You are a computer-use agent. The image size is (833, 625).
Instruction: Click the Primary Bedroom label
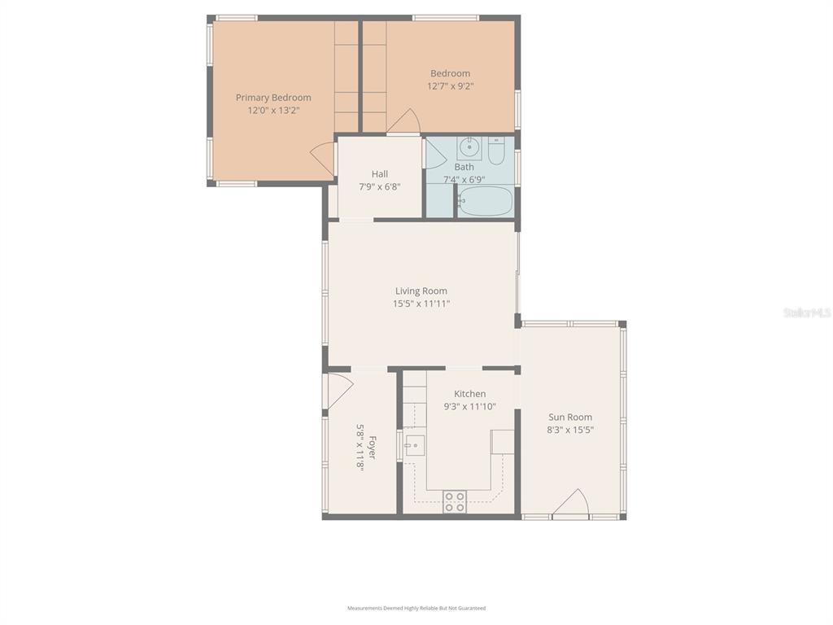(x=273, y=98)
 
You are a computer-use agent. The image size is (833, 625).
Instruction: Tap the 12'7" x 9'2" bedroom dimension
(x=451, y=86)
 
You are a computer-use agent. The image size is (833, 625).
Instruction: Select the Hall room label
(x=380, y=174)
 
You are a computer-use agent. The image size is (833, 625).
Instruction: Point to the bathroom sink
(x=469, y=148)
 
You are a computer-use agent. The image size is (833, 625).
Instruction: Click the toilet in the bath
(x=496, y=151)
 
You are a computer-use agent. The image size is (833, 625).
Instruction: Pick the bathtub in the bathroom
(x=485, y=201)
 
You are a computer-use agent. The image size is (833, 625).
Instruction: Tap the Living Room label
(x=421, y=291)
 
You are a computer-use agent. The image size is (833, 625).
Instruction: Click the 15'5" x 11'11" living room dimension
(x=421, y=304)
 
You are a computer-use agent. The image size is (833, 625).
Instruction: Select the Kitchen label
(x=469, y=394)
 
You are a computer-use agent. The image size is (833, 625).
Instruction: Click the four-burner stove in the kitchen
(x=455, y=501)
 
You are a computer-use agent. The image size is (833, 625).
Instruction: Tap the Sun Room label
(x=570, y=417)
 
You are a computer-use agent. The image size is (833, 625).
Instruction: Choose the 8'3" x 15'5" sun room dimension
(x=570, y=430)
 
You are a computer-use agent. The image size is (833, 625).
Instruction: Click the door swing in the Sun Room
(x=571, y=503)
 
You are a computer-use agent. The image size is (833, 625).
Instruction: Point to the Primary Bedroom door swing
(x=323, y=160)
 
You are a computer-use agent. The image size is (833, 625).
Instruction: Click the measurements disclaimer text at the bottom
(x=416, y=608)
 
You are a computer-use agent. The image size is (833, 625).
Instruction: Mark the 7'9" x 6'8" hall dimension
(x=380, y=186)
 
